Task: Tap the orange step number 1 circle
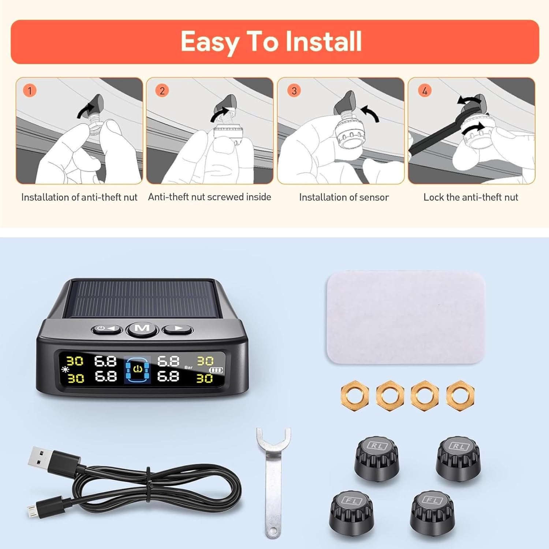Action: tap(30, 90)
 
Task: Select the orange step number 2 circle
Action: tap(162, 90)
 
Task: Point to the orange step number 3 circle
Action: tap(294, 90)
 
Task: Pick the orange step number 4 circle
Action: tap(425, 90)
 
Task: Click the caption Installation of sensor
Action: tap(344, 197)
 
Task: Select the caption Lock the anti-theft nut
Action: tap(471, 197)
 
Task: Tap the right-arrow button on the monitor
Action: tap(178, 328)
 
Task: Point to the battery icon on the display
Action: tap(216, 370)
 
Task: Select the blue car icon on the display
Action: tap(137, 370)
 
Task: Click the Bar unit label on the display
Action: tap(188, 367)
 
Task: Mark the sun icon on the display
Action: tap(65, 369)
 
